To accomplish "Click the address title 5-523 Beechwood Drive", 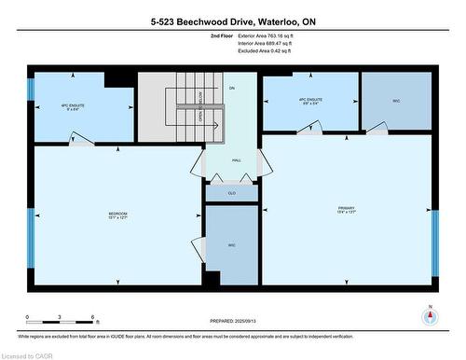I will click(x=232, y=21).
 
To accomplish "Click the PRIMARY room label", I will click(x=348, y=209).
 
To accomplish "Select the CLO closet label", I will click(x=231, y=193).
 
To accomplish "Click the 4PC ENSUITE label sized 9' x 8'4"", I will click(x=73, y=107).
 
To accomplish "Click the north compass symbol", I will click(x=429, y=315).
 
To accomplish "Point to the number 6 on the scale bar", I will click(x=95, y=318).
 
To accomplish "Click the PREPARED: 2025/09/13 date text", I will click(x=232, y=322).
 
